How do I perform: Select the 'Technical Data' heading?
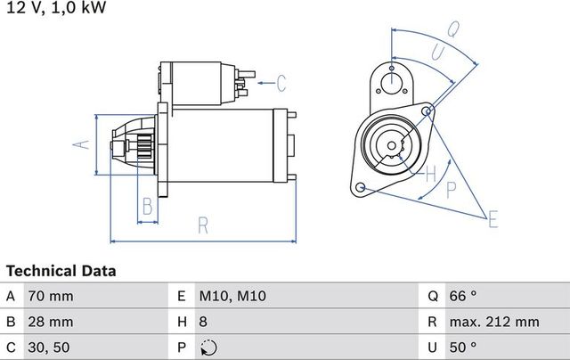pyautogui.click(x=61, y=270)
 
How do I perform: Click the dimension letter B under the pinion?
pyautogui.click(x=148, y=209)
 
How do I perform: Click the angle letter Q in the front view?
pyautogui.click(x=452, y=29)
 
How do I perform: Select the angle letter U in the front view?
pyautogui.click(x=437, y=53)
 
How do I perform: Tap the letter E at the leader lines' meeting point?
pyautogui.click(x=493, y=217)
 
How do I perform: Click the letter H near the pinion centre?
pyautogui.click(x=429, y=171)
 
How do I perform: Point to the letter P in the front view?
pyautogui.click(x=451, y=188)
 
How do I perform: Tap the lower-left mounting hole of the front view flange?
pyautogui.click(x=361, y=188)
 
